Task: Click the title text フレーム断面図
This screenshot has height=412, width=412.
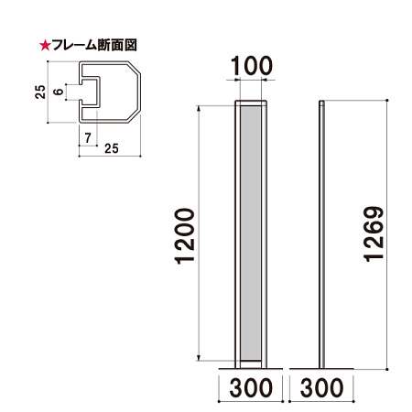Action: click(92, 43)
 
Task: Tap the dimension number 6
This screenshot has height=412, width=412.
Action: click(59, 92)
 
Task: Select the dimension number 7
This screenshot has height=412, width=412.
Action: click(87, 137)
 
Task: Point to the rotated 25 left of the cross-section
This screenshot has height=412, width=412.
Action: click(39, 92)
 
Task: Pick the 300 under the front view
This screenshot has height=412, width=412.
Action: click(249, 388)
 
